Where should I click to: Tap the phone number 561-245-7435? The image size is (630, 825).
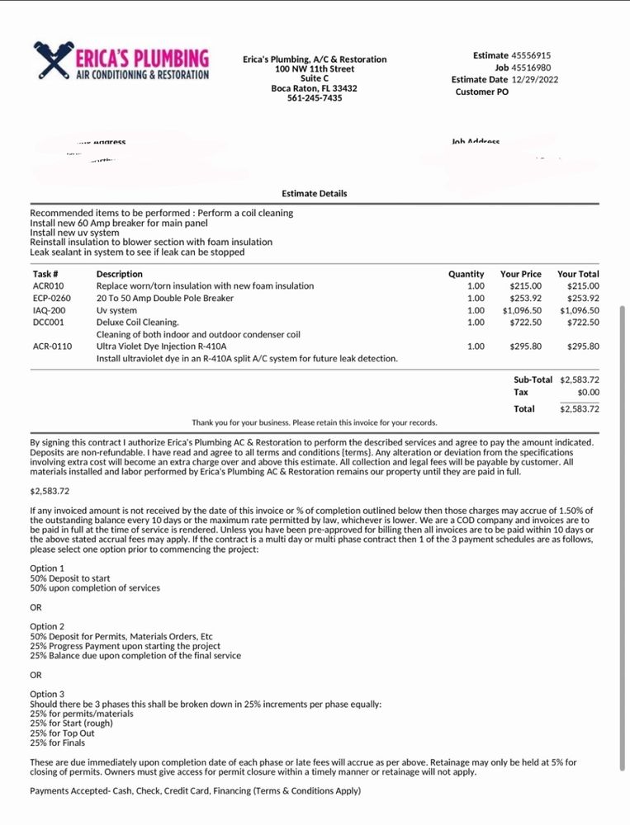click(315, 98)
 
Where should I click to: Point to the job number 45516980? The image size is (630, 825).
click(531, 68)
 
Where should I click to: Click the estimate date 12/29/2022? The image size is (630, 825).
click(535, 79)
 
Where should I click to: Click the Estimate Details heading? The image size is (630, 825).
click(315, 194)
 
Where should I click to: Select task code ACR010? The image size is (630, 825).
click(48, 286)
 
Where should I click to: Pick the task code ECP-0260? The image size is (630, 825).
click(52, 299)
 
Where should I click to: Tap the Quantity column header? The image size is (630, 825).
click(467, 274)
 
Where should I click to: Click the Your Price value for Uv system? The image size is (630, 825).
click(522, 310)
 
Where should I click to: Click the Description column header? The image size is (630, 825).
click(120, 274)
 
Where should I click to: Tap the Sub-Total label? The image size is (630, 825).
click(533, 379)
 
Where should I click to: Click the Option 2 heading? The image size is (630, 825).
click(47, 627)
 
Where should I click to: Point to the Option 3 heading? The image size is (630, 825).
click(47, 695)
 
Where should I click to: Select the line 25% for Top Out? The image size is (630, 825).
click(62, 733)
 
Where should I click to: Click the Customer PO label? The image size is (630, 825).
click(482, 92)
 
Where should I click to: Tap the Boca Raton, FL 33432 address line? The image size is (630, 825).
click(315, 88)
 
